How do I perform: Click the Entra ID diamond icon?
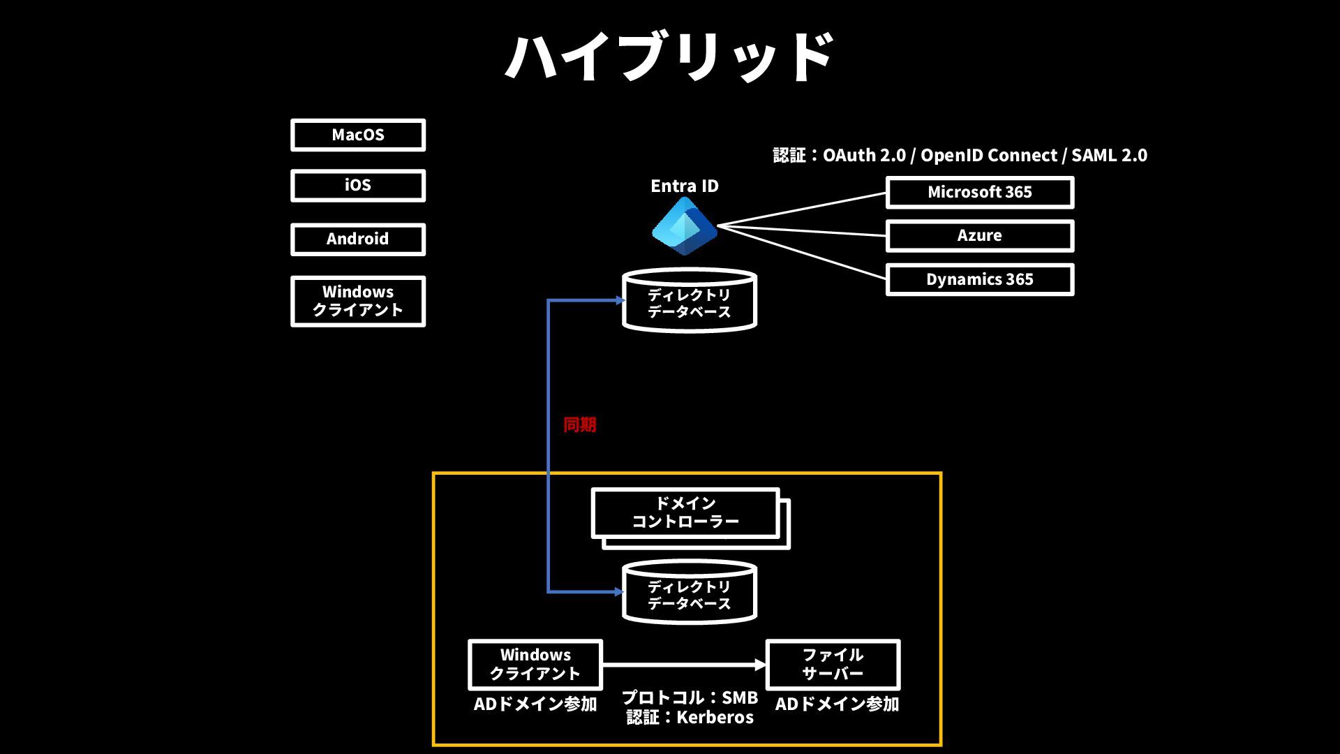tap(684, 226)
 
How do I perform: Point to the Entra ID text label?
tap(685, 186)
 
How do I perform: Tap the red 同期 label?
tap(580, 424)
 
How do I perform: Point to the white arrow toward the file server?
tap(685, 665)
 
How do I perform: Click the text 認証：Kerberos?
tap(690, 717)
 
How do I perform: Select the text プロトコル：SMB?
tap(690, 697)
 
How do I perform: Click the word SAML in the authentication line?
tap(1094, 155)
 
